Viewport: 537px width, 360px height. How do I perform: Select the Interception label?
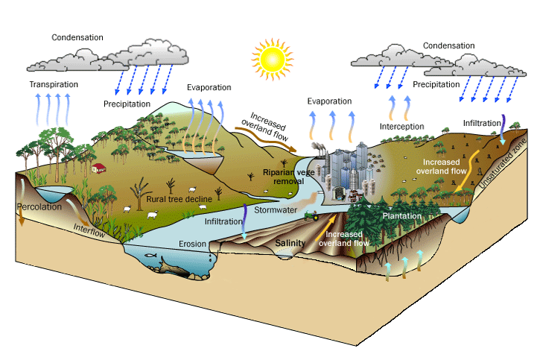tap(401, 127)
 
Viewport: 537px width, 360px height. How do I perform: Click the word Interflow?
tap(87, 230)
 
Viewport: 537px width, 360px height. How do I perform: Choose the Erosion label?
tap(192, 244)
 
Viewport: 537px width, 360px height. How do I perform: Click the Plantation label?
tap(402, 216)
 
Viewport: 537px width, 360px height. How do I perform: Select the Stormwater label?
tap(276, 210)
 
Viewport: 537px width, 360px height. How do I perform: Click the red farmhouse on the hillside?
tap(98, 168)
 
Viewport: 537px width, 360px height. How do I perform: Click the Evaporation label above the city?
tap(329, 101)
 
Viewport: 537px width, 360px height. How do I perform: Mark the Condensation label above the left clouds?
tap(77, 37)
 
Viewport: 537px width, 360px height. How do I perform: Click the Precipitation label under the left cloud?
tap(127, 104)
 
